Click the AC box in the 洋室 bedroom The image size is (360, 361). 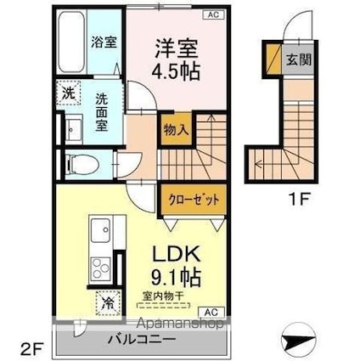(x=214, y=14)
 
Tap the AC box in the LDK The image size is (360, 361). (x=211, y=313)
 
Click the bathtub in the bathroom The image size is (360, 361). (x=71, y=42)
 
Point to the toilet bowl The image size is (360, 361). (x=82, y=164)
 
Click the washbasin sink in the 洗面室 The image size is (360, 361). (x=74, y=129)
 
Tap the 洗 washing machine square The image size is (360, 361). (x=69, y=93)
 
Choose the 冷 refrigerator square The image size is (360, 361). (x=108, y=302)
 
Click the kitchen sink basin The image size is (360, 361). (x=100, y=230)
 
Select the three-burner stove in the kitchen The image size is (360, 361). (x=101, y=269)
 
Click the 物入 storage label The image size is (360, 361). (x=176, y=131)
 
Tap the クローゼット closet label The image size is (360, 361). (x=194, y=200)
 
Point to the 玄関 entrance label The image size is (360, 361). (x=299, y=59)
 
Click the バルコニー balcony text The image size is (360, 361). (x=142, y=339)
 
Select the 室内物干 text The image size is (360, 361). (x=163, y=296)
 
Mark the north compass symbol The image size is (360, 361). (x=298, y=339)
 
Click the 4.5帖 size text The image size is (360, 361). (x=176, y=71)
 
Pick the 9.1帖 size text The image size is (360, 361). (x=176, y=277)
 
